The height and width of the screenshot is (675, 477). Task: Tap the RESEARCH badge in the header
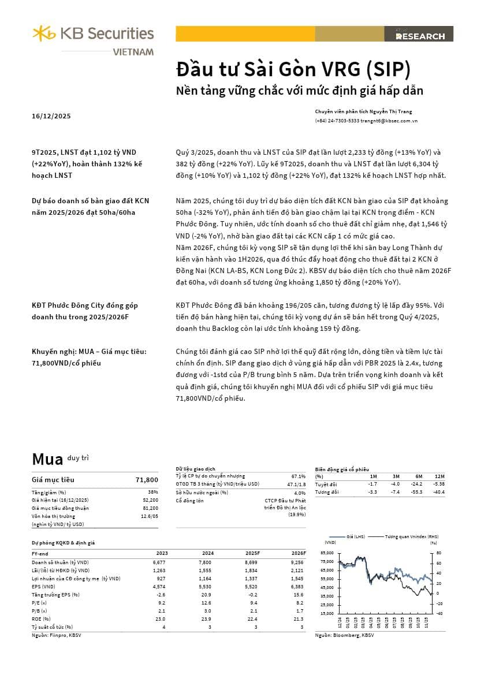tap(420, 36)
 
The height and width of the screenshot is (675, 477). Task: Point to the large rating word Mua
tap(47, 459)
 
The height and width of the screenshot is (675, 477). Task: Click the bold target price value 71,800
tap(147, 480)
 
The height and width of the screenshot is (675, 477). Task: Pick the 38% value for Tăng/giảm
tap(153, 491)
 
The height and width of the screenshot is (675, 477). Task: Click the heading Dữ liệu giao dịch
tap(195, 469)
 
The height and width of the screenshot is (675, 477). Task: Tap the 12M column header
tap(440, 476)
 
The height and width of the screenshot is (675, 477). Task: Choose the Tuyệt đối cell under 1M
tap(372, 484)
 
